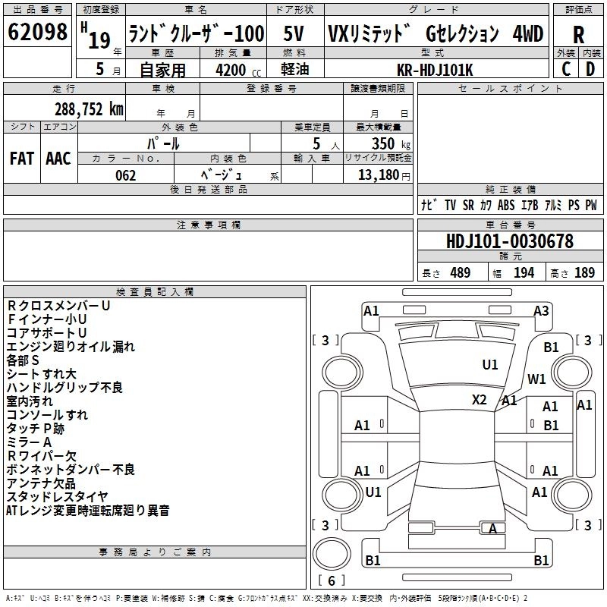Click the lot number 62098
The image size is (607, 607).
click(x=37, y=33)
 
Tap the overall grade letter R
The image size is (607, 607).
click(x=578, y=35)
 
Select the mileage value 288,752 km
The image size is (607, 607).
click(x=89, y=109)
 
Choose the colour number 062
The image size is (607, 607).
click(x=125, y=175)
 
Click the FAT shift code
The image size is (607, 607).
click(x=21, y=158)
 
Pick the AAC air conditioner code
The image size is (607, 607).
click(x=58, y=158)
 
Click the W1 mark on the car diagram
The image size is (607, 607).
click(x=536, y=379)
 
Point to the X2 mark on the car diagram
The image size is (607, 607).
click(x=479, y=399)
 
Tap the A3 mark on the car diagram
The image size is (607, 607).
click(x=541, y=310)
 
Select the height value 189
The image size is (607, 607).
click(x=584, y=273)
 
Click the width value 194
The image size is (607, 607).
click(x=524, y=273)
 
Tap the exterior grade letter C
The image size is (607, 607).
click(x=565, y=68)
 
